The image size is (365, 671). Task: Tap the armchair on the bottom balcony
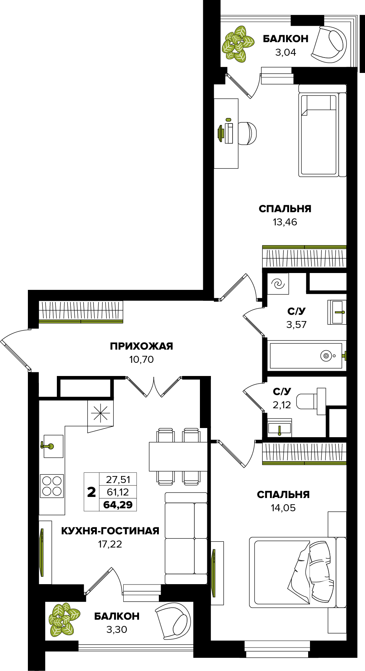[173, 621]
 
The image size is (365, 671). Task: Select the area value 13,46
[285, 222]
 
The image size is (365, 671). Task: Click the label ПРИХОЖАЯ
[141, 346]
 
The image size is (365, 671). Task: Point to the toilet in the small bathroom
[311, 401]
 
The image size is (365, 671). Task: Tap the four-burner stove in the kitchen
[52, 486]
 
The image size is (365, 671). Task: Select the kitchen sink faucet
[47, 446]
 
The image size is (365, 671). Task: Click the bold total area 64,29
[118, 505]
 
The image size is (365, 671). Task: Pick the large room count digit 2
[91, 492]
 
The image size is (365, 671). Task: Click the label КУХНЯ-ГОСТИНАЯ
[110, 531]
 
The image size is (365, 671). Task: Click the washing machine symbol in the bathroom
[278, 284]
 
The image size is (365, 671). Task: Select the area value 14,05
[283, 508]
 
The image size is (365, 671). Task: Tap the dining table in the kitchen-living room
[178, 457]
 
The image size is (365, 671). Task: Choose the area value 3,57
[296, 324]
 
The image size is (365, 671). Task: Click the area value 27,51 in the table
[118, 479]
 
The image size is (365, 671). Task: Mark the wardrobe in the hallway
[81, 312]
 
